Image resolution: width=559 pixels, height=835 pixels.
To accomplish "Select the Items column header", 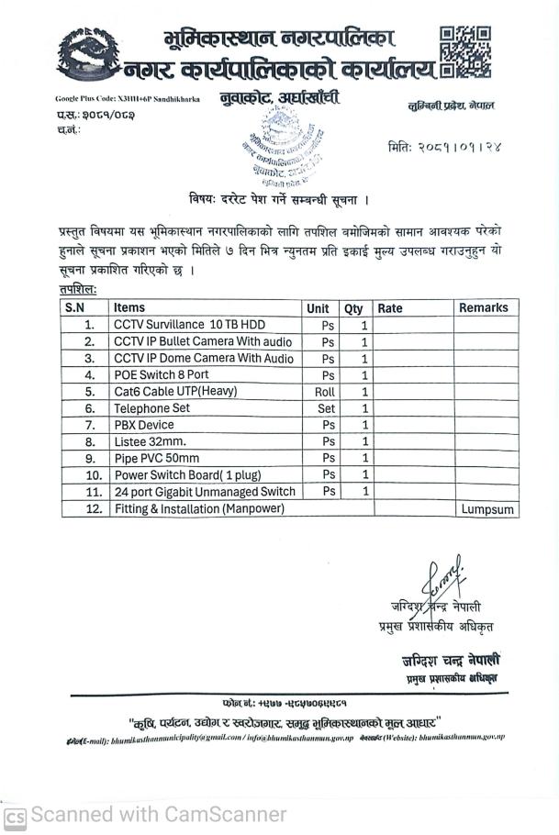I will (x=129, y=308).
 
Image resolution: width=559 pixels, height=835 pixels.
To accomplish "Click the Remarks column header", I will (x=483, y=308).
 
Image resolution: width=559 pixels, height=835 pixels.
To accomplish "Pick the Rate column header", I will (x=390, y=309).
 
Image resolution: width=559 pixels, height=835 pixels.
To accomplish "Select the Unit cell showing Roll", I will (x=326, y=392).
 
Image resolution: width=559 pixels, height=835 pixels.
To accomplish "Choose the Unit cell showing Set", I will (x=326, y=408).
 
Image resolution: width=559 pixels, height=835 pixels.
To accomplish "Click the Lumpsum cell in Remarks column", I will (x=487, y=509).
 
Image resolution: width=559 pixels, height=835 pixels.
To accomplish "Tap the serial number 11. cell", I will (x=90, y=492).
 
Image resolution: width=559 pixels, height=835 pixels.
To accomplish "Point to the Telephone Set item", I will (x=151, y=408).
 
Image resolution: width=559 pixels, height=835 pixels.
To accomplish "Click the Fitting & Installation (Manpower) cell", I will (x=199, y=508).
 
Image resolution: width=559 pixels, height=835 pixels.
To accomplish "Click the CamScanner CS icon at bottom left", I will (x=16, y=816).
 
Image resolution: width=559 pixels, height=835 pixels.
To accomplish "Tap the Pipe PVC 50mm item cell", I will (x=156, y=459).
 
